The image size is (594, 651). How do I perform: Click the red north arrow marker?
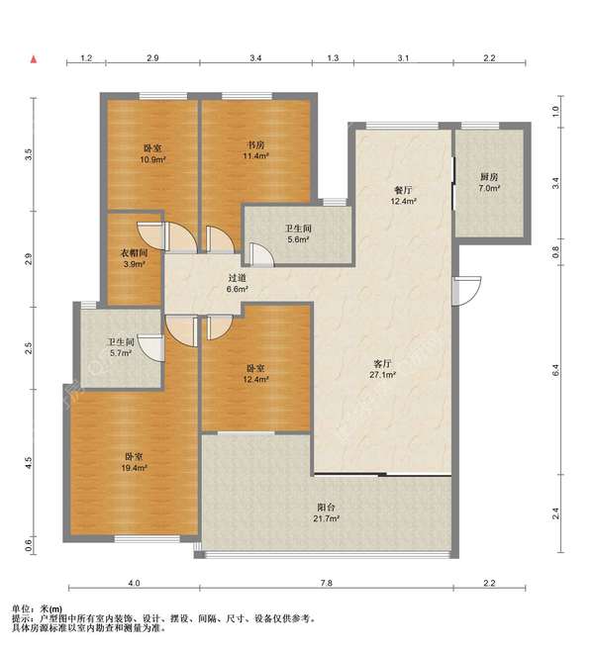click(x=34, y=59)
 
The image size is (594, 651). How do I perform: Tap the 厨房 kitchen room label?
click(x=489, y=177)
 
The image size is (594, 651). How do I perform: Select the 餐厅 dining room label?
click(x=403, y=190)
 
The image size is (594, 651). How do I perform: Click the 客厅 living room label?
click(x=382, y=364)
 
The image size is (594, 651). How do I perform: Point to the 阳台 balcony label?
click(x=326, y=508)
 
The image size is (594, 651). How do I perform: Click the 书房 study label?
click(x=255, y=144)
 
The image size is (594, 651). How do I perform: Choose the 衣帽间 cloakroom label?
click(x=134, y=253)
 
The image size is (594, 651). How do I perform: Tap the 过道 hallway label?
click(x=238, y=278)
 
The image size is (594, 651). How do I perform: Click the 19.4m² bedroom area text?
click(x=134, y=468)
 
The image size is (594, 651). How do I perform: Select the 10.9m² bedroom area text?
click(x=152, y=159)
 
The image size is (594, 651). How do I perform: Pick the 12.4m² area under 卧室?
click(x=255, y=379)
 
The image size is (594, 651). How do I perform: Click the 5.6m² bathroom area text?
click(x=298, y=239)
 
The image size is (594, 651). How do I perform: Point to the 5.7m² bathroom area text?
click(x=121, y=353)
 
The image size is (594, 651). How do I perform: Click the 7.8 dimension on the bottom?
click(x=327, y=583)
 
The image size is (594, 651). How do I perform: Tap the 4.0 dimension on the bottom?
click(x=134, y=583)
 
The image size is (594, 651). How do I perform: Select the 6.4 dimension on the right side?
click(x=555, y=370)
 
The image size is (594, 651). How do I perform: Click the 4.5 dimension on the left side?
click(x=29, y=463)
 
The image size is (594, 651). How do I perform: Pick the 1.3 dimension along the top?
click(x=333, y=58)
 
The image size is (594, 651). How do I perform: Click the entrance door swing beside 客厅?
click(x=467, y=291)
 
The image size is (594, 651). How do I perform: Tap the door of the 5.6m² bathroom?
click(x=261, y=255)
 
